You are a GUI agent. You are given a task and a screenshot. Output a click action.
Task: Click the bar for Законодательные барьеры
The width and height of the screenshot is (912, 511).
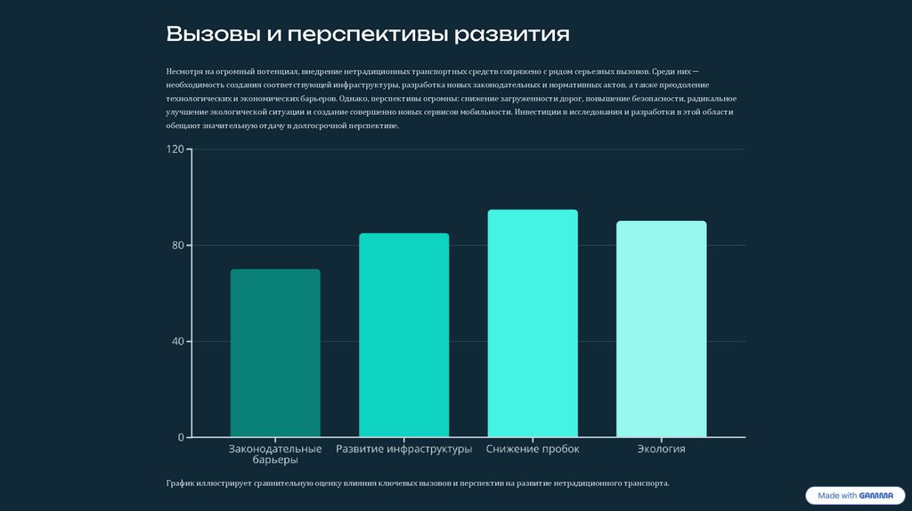(275, 353)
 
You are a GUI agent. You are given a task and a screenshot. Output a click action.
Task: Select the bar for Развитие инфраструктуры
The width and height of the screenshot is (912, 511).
(403, 335)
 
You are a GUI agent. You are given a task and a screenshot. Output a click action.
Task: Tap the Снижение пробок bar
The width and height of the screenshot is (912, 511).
(533, 323)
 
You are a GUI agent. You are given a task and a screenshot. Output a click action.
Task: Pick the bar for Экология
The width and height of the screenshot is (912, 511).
(661, 328)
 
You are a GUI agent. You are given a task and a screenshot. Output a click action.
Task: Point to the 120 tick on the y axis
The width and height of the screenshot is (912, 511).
(175, 150)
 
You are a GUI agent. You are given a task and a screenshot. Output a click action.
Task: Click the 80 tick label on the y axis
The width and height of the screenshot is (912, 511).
(177, 246)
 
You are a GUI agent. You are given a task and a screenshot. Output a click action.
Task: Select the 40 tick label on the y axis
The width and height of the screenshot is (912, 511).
(177, 342)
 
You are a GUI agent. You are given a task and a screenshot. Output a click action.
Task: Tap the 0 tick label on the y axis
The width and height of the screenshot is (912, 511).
(181, 437)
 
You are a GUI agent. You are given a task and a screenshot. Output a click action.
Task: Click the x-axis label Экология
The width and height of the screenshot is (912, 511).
(661, 450)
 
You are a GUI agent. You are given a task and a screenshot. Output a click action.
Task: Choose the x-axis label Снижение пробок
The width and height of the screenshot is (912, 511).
(533, 450)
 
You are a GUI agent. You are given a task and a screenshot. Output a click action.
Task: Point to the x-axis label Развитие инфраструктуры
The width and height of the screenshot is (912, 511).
(403, 450)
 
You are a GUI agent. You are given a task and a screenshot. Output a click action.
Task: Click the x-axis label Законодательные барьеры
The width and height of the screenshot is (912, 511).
(275, 455)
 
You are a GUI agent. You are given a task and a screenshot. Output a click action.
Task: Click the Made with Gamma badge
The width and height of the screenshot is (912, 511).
(850, 496)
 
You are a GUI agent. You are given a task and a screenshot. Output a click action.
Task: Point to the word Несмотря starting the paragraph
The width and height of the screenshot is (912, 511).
(183, 70)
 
